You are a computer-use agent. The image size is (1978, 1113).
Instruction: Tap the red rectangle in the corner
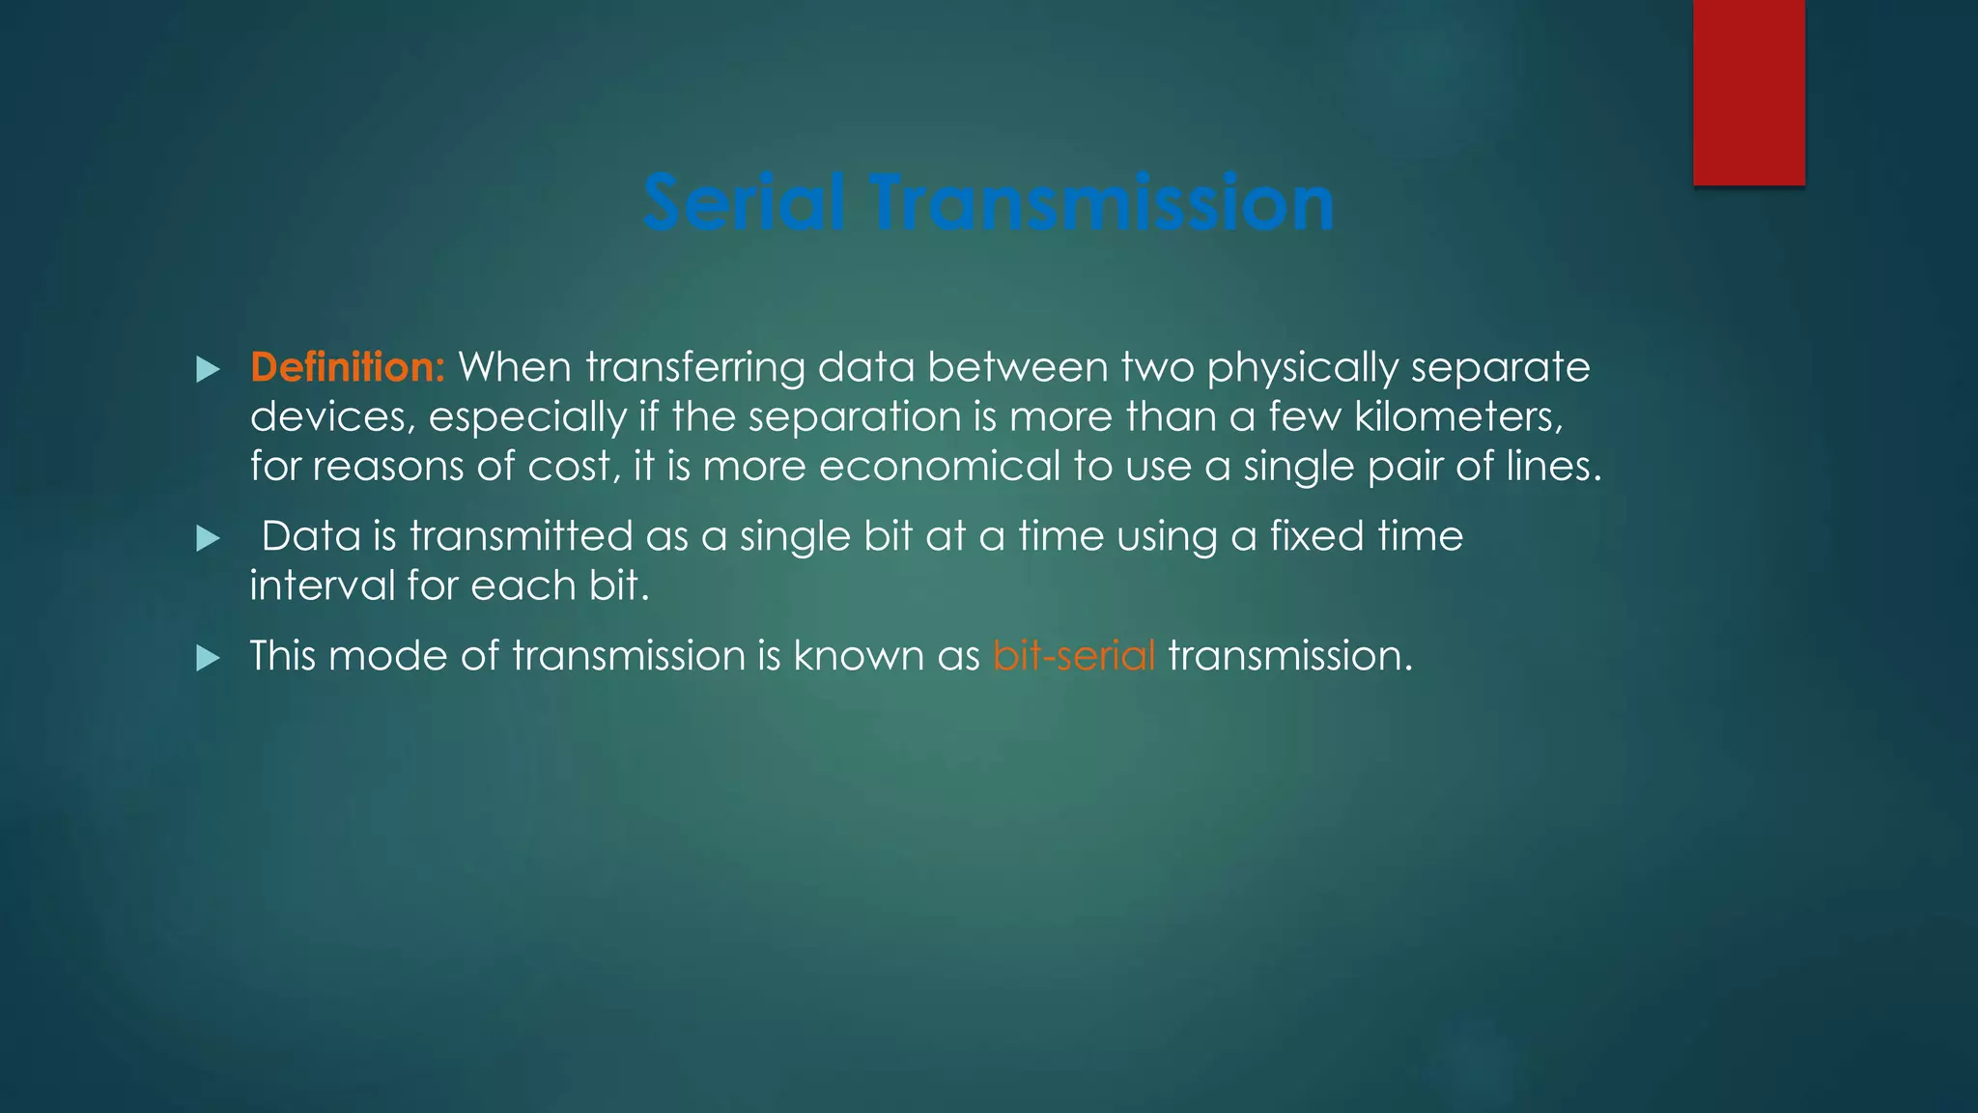click(x=1748, y=92)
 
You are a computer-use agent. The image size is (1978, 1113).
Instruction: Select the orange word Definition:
click(x=347, y=367)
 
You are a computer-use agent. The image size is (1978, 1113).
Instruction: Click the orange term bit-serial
click(x=1074, y=656)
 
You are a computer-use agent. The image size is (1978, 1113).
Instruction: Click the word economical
click(x=939, y=467)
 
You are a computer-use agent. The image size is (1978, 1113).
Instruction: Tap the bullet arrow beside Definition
click(x=208, y=369)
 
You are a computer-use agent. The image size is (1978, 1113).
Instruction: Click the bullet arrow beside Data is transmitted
click(x=208, y=538)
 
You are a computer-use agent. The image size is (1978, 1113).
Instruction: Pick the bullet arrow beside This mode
click(x=208, y=659)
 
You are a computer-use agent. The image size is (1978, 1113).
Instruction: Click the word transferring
click(x=694, y=369)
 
